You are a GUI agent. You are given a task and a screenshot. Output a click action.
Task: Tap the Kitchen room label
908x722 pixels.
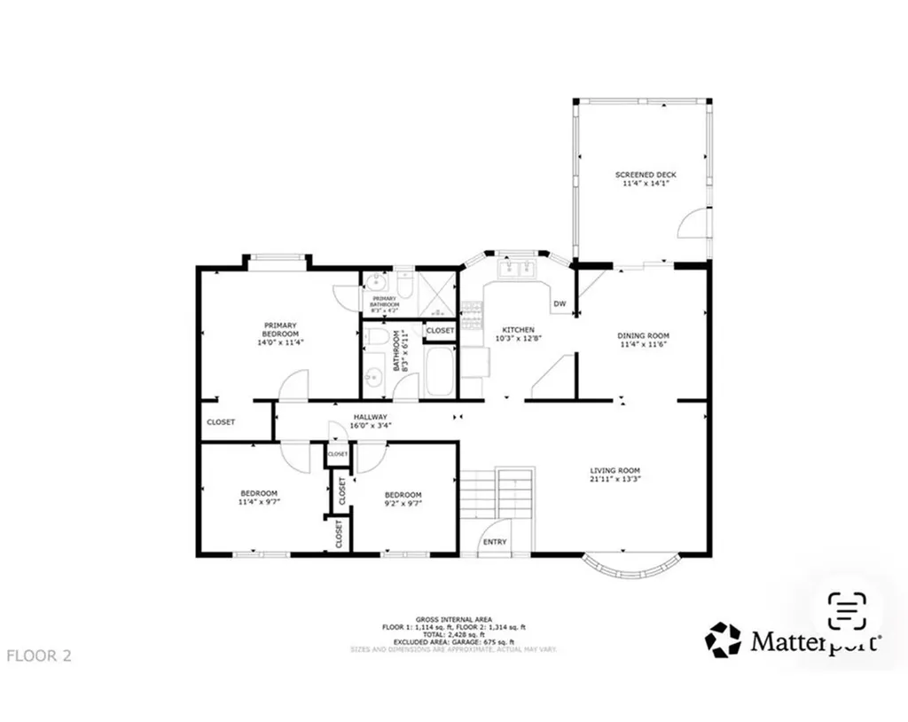(518, 329)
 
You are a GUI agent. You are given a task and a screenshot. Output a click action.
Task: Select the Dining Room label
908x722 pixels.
(642, 335)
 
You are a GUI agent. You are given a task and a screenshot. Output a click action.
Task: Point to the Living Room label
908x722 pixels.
(614, 471)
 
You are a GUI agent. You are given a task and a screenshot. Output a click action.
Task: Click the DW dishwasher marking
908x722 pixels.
(560, 304)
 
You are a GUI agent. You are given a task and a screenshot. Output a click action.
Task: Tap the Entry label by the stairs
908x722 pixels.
(495, 542)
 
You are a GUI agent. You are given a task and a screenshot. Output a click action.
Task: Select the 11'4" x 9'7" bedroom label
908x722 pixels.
(259, 494)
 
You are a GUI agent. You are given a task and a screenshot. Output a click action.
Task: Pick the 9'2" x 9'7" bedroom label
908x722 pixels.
(403, 495)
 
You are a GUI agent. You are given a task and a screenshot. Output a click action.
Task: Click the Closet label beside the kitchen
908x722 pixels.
(440, 331)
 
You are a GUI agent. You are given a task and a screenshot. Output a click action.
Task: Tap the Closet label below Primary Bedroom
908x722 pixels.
(221, 422)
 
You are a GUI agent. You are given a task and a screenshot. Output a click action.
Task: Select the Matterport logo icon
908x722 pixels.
(723, 640)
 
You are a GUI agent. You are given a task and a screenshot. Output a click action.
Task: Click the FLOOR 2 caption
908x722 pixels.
(39, 656)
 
